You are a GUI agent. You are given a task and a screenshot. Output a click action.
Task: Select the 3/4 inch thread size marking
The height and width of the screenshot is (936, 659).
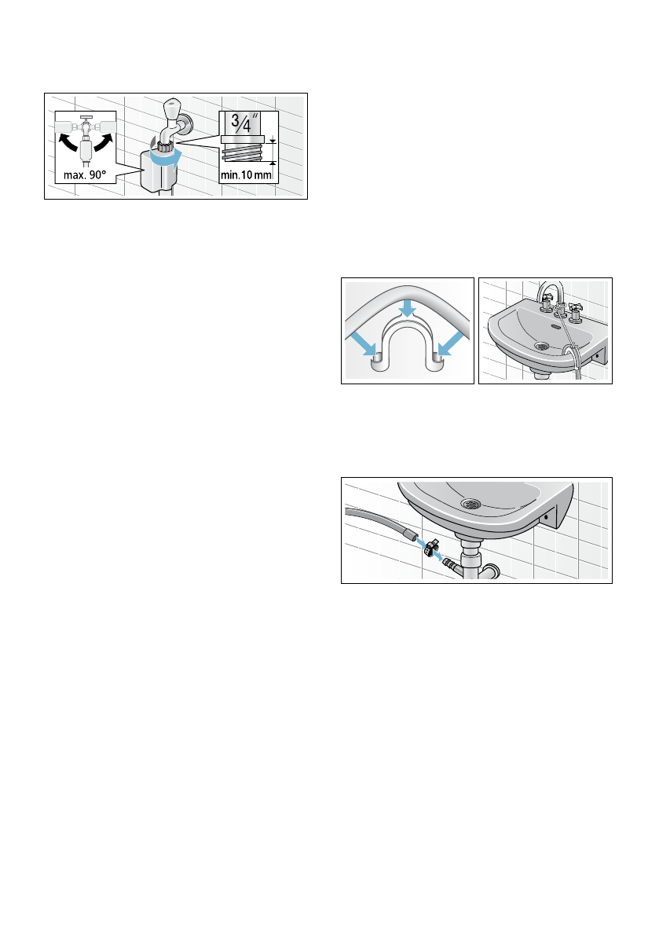point(242,124)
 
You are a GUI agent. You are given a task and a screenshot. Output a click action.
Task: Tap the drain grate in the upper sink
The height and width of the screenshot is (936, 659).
point(541,345)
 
